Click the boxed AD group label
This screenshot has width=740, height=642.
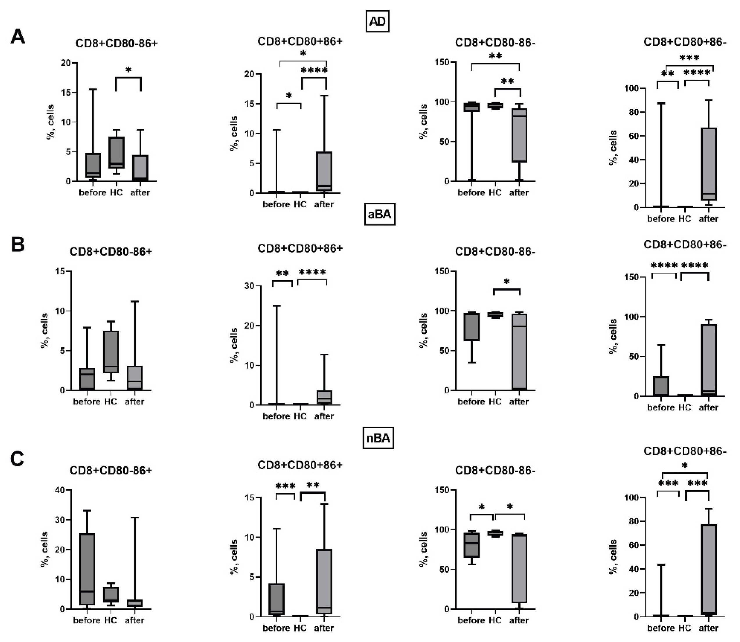(x=377, y=22)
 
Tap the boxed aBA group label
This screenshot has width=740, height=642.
(x=379, y=214)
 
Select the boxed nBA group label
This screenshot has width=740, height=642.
(x=378, y=438)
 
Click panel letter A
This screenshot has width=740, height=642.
(x=18, y=37)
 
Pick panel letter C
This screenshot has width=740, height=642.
(x=17, y=459)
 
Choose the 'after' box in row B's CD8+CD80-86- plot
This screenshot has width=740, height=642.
(x=519, y=351)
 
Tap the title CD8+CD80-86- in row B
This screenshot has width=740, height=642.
(x=495, y=252)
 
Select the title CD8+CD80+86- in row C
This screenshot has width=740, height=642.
(x=684, y=451)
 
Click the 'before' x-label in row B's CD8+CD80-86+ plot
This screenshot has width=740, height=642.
(x=87, y=402)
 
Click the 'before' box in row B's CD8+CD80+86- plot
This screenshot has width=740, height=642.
(x=661, y=386)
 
